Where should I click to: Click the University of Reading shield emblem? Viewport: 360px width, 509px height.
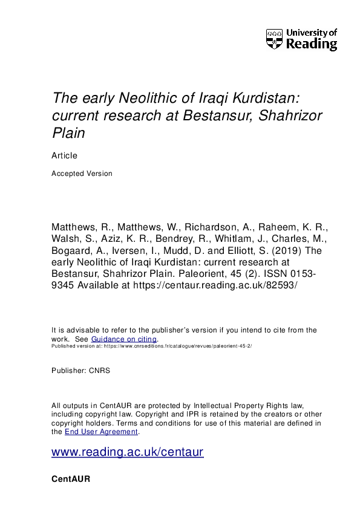pos(274,39)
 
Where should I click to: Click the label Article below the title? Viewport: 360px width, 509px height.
pos(65,155)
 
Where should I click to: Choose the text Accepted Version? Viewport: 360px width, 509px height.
pos(82,173)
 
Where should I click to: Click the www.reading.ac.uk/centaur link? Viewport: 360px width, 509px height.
pos(127,452)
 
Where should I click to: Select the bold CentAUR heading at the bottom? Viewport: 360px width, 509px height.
pos(71,479)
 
